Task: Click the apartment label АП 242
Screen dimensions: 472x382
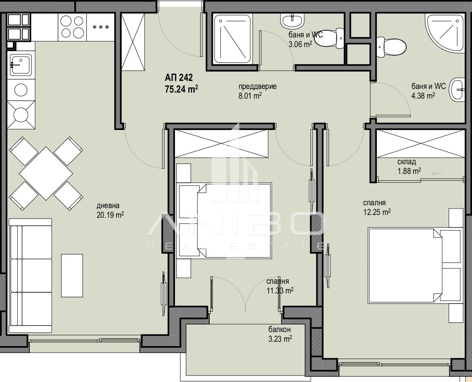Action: coord(179,78)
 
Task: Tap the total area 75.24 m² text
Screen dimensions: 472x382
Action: coord(181,89)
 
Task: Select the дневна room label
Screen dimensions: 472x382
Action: coord(108,206)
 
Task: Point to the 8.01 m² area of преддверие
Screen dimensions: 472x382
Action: coord(250,96)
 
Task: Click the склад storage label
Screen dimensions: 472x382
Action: coord(407,162)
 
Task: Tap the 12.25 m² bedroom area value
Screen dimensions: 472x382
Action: coord(377,212)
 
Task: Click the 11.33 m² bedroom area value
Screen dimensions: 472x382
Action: coord(280,291)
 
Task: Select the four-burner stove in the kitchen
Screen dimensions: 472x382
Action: coord(72,27)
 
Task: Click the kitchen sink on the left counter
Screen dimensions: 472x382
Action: coord(21,65)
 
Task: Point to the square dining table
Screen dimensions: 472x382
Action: coord(46,173)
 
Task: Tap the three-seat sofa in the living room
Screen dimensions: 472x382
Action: coord(30,276)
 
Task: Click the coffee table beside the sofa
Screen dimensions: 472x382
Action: coord(72,275)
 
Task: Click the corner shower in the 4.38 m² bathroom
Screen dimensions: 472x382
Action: coord(443,33)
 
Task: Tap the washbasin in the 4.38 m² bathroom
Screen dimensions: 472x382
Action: coord(457,90)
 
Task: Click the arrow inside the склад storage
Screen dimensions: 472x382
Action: coord(437,173)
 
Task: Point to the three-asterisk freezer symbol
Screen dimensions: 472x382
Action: coord(100,27)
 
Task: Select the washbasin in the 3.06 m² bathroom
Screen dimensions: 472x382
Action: coord(292,21)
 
